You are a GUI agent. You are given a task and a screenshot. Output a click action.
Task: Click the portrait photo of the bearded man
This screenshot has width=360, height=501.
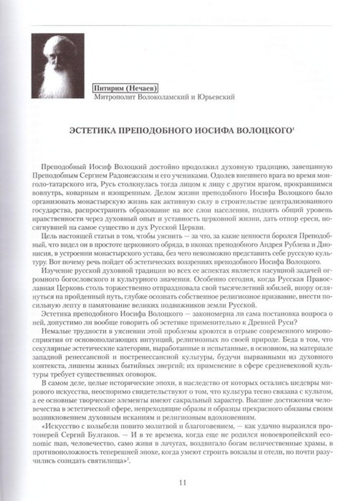[58, 66]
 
